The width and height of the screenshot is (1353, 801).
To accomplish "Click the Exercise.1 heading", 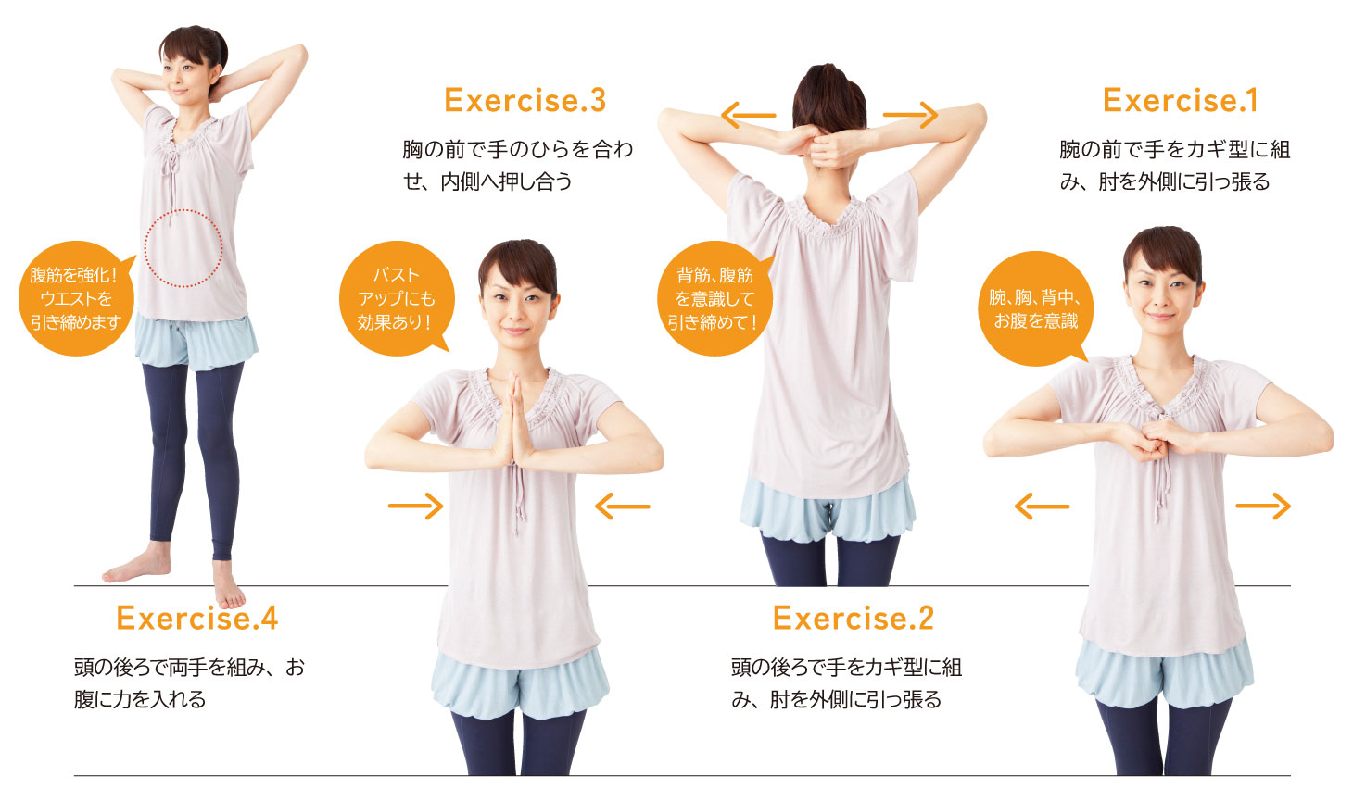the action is [1181, 100].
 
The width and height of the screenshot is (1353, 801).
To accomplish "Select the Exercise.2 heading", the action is [854, 618].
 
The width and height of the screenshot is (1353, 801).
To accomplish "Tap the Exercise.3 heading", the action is [525, 100].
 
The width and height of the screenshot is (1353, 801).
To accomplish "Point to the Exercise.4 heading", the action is [196, 618].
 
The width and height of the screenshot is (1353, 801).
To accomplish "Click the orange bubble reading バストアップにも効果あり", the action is [397, 298].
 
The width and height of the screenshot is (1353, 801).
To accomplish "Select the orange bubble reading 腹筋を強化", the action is [76, 298].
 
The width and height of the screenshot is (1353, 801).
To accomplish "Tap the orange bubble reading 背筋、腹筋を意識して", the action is [714, 298].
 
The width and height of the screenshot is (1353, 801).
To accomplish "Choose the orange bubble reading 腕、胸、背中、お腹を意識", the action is [1035, 308].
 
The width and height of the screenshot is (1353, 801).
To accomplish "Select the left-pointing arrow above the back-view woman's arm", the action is [749, 115].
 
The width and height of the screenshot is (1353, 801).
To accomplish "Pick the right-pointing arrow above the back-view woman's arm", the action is [910, 115].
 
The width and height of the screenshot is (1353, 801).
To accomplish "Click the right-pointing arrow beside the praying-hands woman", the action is [415, 506].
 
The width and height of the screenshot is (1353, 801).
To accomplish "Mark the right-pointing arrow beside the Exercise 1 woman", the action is [1263, 506].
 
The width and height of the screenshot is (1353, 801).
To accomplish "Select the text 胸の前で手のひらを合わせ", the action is [518, 148].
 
